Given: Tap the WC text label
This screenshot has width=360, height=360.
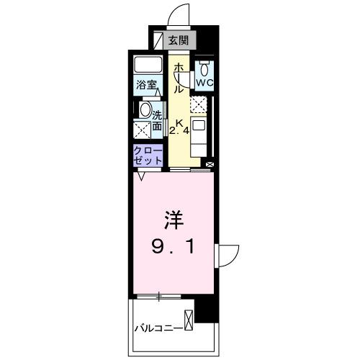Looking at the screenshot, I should pyautogui.click(x=205, y=83).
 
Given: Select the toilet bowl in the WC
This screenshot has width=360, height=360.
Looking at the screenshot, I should pyautogui.click(x=205, y=69).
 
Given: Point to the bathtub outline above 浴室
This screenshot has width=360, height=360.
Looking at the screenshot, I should pyautogui.click(x=148, y=66).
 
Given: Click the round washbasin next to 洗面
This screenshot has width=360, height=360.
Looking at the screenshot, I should pyautogui.click(x=145, y=112).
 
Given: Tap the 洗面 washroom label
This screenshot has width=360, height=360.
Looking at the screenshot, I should pyautogui.click(x=156, y=119).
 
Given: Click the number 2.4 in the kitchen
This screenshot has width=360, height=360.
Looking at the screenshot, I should pyautogui.click(x=179, y=131).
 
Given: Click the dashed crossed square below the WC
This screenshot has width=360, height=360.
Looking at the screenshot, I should pyautogui.click(x=198, y=104).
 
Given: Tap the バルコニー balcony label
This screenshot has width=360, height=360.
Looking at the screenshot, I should pyautogui.click(x=158, y=329).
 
